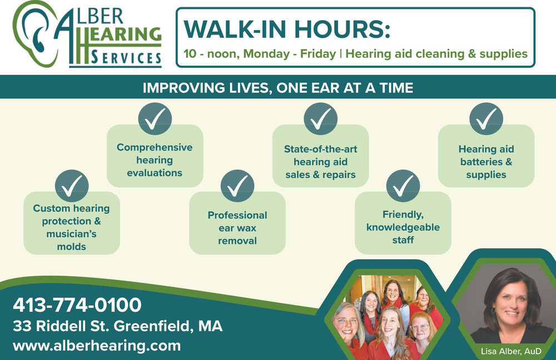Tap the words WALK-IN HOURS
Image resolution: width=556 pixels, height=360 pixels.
coord(287,29)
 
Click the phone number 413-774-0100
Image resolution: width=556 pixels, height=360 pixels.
coord(77,305)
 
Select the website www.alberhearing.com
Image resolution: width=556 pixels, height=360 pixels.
coord(97,346)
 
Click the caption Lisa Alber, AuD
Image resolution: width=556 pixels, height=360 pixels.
coord(511,351)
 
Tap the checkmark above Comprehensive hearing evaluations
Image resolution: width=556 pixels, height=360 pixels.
coord(155,119)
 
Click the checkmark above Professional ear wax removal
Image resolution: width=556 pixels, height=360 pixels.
coord(237,186)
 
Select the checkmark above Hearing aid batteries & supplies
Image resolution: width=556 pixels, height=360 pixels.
coord(486,119)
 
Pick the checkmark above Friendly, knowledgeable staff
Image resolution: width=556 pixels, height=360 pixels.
coord(403,186)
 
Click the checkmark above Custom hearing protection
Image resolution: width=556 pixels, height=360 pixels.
coord(72,186)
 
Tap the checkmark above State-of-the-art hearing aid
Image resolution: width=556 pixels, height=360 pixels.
coord(321,119)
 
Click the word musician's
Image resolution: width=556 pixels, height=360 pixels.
coord(71,234)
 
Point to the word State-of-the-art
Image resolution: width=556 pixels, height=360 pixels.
coord(321,149)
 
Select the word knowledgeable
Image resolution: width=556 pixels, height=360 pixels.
coord(403,227)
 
